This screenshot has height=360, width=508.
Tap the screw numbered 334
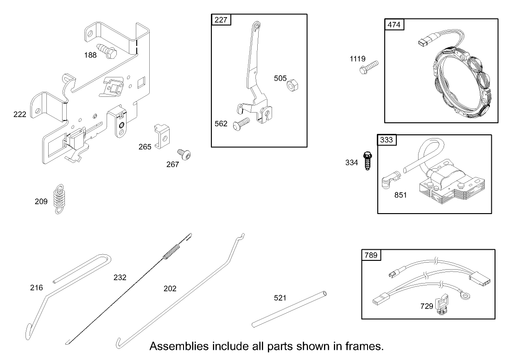point(368,160)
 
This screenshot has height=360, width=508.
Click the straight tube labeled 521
point(289,309)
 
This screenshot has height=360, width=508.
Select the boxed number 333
point(387,140)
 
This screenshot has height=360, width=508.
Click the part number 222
point(20,114)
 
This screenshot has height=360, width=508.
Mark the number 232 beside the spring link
point(120,278)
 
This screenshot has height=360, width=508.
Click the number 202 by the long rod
point(170,288)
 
